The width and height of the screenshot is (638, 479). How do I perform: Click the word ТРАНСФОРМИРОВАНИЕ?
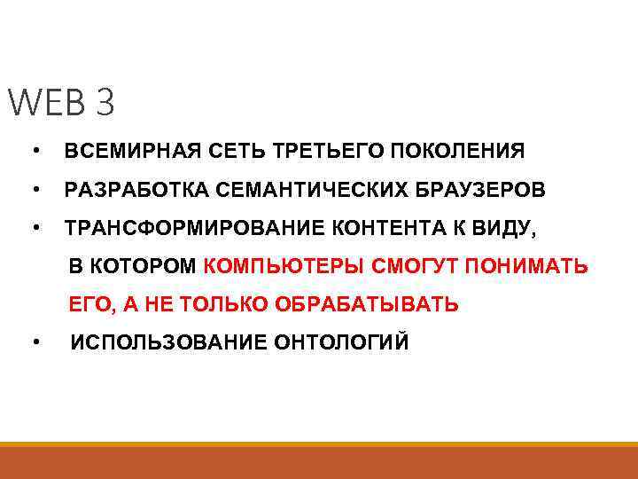point(194,228)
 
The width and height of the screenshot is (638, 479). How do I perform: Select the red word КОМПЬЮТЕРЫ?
point(284,266)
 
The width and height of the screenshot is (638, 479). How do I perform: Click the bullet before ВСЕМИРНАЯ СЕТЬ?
point(34,152)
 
